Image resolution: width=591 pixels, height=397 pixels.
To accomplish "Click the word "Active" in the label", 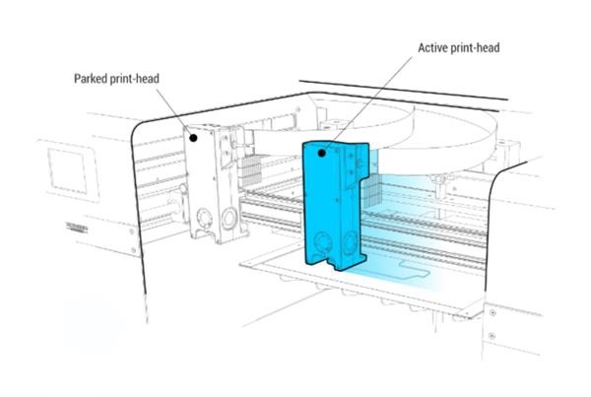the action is pyautogui.click(x=432, y=48).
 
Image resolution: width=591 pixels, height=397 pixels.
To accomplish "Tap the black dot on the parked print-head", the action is pyautogui.click(x=193, y=138).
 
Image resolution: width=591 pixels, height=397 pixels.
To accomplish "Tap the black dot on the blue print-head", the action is pyautogui.click(x=321, y=153).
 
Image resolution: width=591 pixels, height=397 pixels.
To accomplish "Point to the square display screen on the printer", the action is pyautogui.click(x=67, y=170).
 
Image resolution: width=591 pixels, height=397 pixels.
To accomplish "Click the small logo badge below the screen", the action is pyautogui.click(x=77, y=228).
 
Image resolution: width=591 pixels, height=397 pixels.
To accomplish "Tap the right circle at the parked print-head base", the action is pyautogui.click(x=230, y=218).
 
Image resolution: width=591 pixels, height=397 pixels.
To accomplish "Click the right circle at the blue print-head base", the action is pyautogui.click(x=349, y=241).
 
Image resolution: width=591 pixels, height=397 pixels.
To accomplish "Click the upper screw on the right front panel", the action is pyautogui.click(x=492, y=313).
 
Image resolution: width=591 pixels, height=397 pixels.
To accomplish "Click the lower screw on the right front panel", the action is pyautogui.click(x=492, y=335).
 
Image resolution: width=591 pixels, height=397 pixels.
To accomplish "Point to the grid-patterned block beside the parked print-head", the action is pyautogui.click(x=249, y=170).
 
